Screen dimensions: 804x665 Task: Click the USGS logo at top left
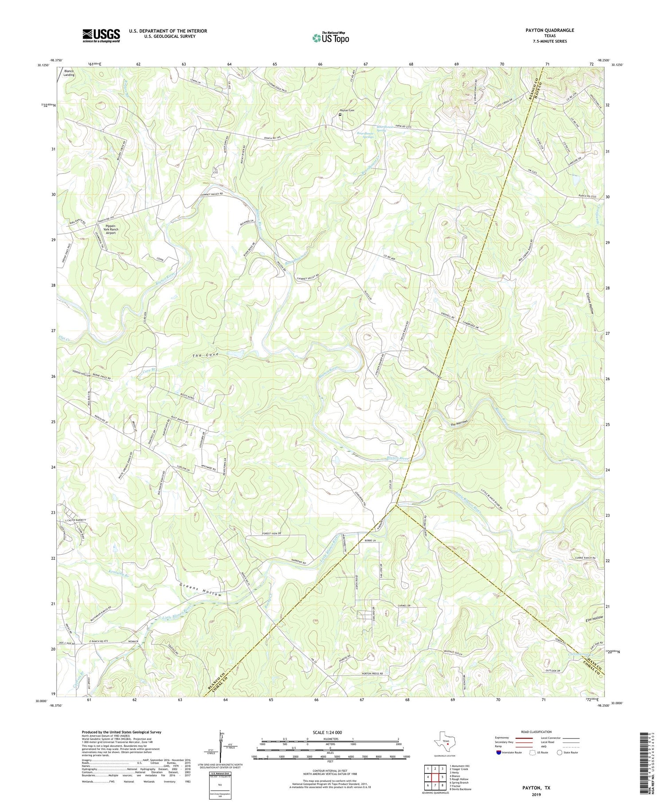(x=101, y=35)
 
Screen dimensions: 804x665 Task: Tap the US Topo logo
(x=330, y=38)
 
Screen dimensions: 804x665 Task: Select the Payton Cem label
(x=348, y=110)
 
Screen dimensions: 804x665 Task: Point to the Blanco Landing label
(x=69, y=73)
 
